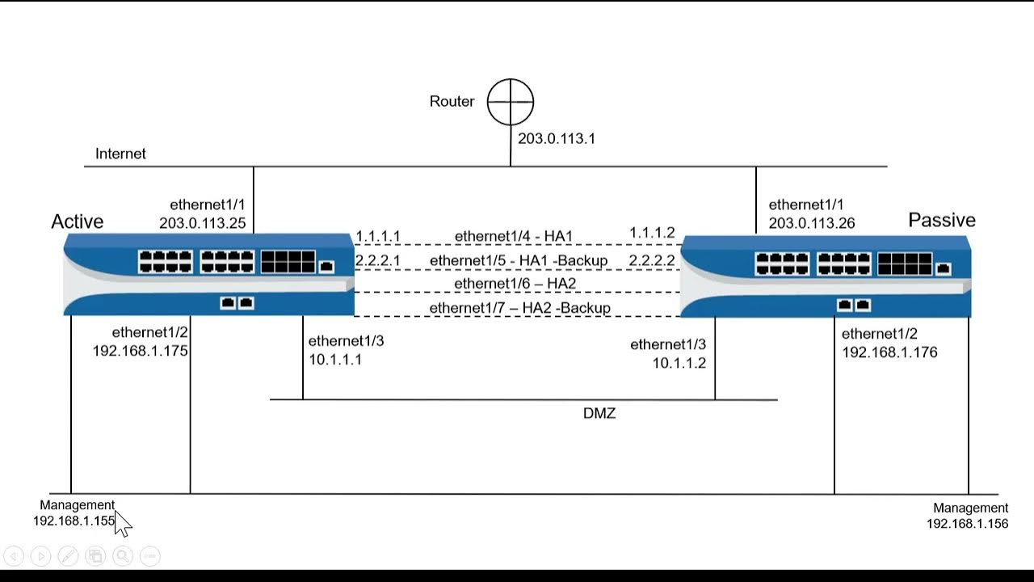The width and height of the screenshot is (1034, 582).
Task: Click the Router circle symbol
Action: pos(511,102)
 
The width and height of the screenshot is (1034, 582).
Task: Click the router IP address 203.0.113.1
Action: pos(557,138)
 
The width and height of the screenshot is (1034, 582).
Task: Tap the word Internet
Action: pos(120,154)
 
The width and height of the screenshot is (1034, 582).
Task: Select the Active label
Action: pos(78,221)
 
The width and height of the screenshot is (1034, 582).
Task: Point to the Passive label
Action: pos(942,220)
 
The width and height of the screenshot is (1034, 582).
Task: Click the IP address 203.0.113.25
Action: pos(203,223)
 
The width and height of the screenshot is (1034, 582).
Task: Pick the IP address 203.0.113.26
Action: pos(812,223)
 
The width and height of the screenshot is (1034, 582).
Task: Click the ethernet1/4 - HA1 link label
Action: pos(514,236)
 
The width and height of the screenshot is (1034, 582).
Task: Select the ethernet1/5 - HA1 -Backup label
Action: pos(519,260)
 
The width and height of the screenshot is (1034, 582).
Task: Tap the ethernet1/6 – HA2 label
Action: pos(515,284)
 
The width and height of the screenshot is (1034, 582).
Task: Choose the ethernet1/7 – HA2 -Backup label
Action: pos(520,308)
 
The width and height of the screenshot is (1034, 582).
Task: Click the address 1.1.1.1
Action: pos(378,237)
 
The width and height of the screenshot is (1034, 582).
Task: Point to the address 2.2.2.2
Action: pos(652,260)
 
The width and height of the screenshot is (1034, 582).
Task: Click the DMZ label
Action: pos(599,413)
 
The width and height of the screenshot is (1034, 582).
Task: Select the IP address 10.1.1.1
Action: pos(335,359)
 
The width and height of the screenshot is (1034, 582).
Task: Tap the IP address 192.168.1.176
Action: pos(889,352)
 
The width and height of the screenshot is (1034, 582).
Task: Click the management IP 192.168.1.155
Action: pos(74,521)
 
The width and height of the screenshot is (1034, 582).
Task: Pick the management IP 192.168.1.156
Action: pos(968,523)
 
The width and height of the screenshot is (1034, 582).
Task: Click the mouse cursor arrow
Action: pos(122,522)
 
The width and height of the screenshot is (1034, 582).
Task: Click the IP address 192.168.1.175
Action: pos(141,351)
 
